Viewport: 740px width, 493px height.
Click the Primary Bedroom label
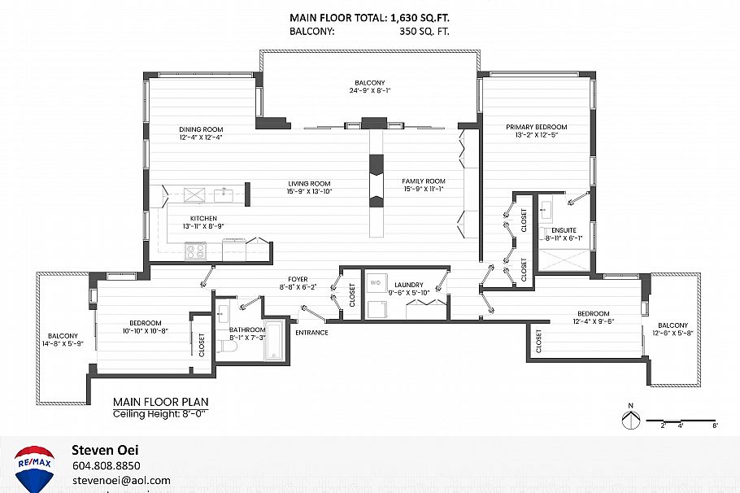[x=536, y=127]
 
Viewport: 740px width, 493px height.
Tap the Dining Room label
[x=201, y=129]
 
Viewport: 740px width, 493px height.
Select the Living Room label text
[x=309, y=183]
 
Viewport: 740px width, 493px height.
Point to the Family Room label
[x=424, y=181]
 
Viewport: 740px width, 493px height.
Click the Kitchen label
[x=203, y=219]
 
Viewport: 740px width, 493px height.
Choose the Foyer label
[x=292, y=279]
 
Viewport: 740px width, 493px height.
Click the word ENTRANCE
[x=311, y=333]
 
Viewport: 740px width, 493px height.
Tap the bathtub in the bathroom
[x=275, y=341]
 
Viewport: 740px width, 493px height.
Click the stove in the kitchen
[x=195, y=251]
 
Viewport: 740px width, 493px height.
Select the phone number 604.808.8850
[x=107, y=466]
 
